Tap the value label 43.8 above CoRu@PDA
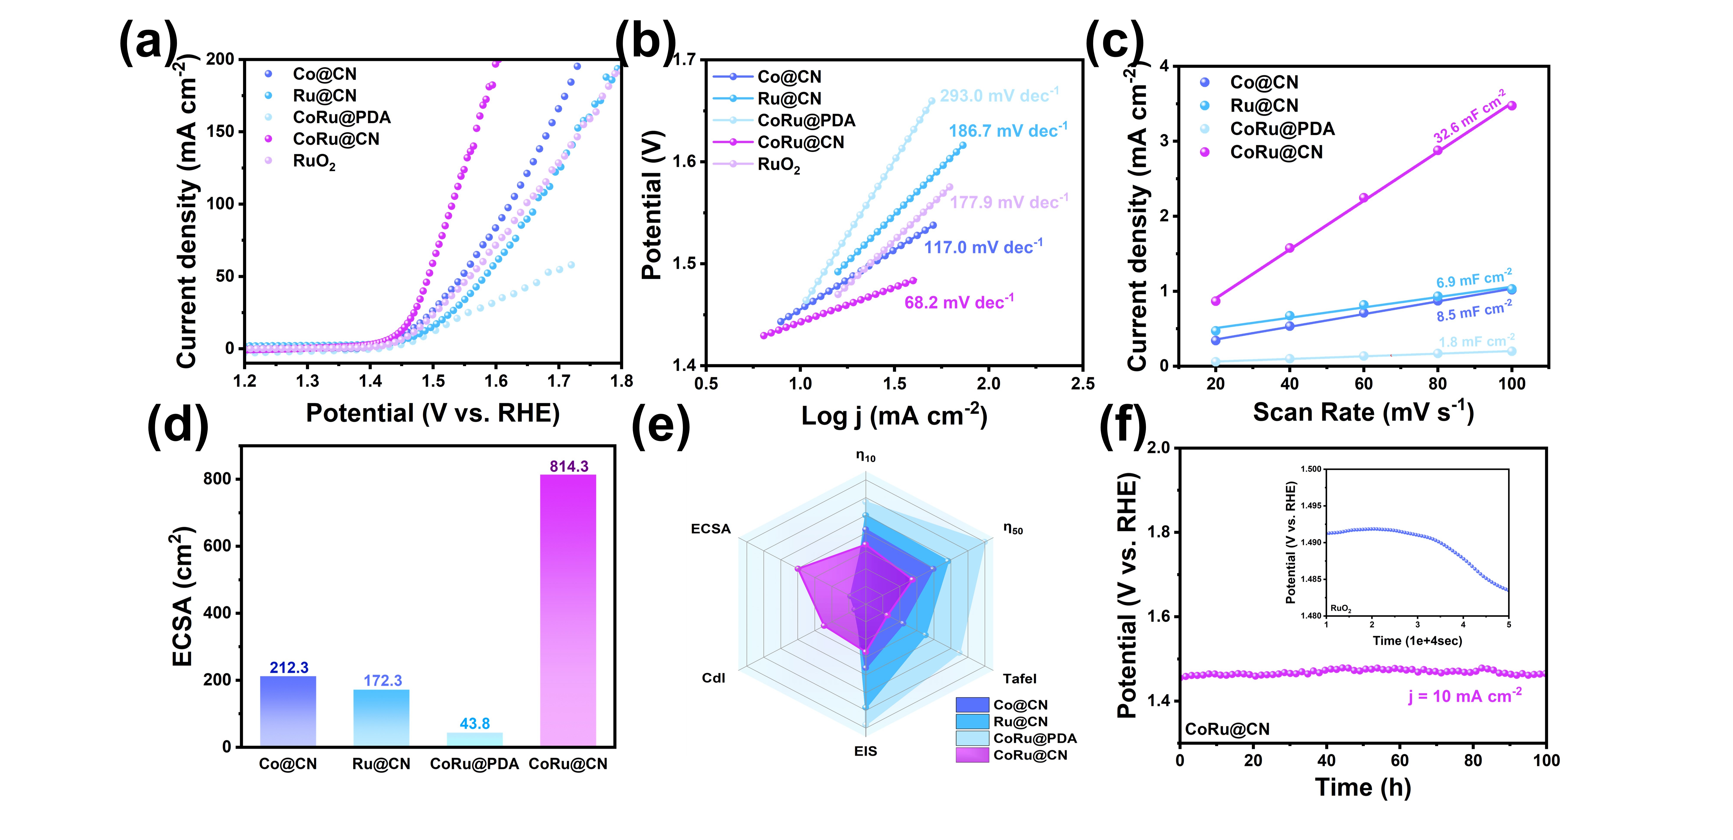475,724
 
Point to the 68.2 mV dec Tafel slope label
958,302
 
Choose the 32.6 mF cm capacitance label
1469,116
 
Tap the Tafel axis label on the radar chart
1019,678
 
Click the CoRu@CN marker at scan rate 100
1512,106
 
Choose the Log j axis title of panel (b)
893,415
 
